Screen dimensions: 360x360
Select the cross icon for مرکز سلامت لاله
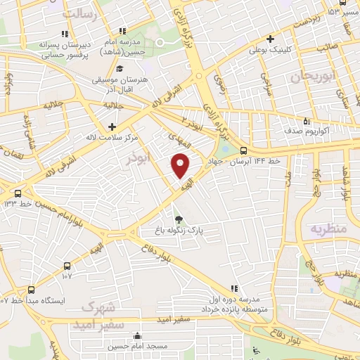pos(112,127)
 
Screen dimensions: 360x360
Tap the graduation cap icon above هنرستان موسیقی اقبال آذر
pos(120,69)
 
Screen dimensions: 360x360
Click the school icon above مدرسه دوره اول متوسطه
pos(235,288)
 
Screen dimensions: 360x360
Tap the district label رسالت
pos(78,13)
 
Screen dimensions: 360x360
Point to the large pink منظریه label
pos(328,229)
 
